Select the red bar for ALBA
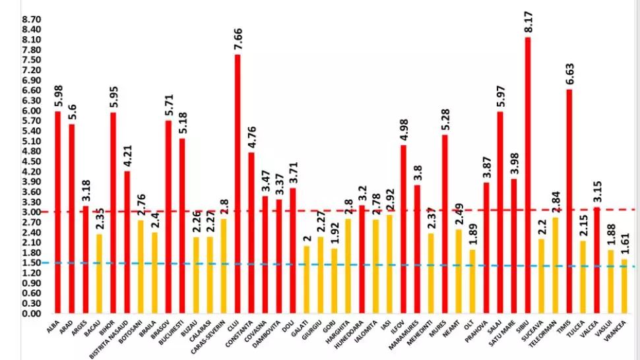click(57, 212)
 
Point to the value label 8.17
click(528, 23)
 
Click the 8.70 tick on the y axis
click(32, 20)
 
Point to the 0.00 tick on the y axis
click(32, 313)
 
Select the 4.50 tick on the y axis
click(32, 162)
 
